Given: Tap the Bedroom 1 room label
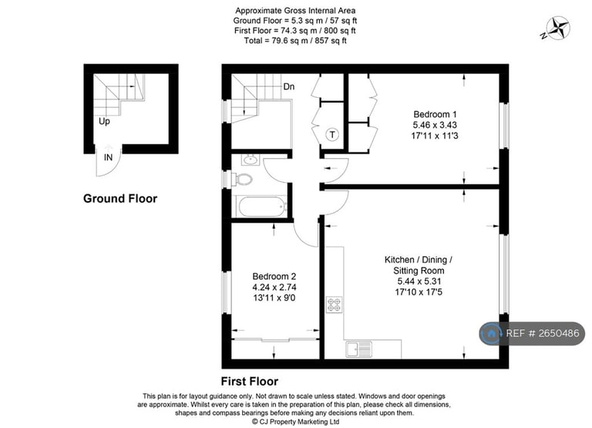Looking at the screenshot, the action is (435, 114).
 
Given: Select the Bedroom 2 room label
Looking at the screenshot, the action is (274, 276).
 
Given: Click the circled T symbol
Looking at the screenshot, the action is (332, 134).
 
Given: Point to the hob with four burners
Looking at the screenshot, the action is (334, 305).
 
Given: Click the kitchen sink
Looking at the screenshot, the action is (358, 349).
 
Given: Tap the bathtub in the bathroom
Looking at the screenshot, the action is (261, 206).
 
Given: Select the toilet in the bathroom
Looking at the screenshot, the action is (243, 179).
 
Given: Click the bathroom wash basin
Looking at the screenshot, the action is (250, 160).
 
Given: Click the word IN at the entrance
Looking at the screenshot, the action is (109, 157).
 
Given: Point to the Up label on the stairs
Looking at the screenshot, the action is (104, 121).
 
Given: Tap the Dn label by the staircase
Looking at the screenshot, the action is (289, 87).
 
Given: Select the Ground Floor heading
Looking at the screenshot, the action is (120, 199).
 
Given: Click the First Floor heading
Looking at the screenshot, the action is (250, 382).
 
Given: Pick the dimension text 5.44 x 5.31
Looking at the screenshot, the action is (419, 281).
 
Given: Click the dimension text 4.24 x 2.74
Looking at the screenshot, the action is (274, 287).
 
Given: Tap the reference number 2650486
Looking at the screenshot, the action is (559, 333).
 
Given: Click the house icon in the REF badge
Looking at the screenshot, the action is (491, 333).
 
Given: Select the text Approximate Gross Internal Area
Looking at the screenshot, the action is (295, 11).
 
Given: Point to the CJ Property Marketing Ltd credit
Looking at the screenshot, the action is (296, 422).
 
